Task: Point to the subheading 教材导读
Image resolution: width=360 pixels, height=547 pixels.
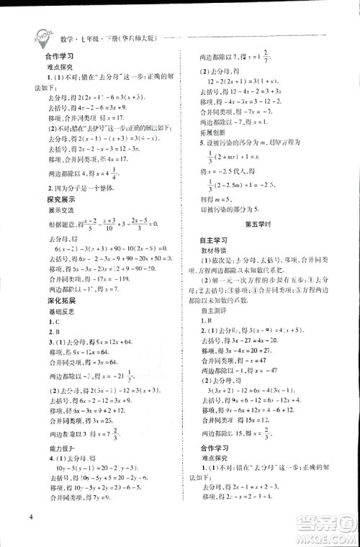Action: pyautogui.click(x=214, y=275)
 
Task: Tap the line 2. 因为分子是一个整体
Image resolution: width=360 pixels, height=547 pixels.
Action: pyautogui.click(x=76, y=207)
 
